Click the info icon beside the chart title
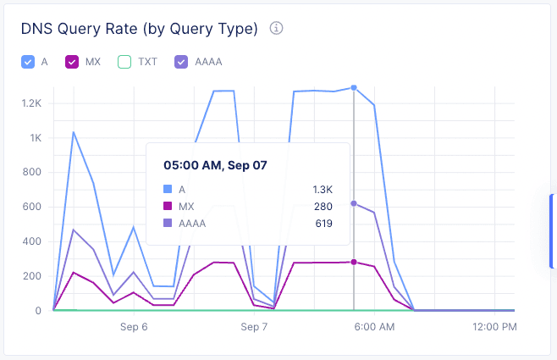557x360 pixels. pyautogui.click(x=276, y=28)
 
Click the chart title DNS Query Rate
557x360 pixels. pyautogui.click(x=139, y=29)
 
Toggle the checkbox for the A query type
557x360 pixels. pyautogui.click(x=28, y=62)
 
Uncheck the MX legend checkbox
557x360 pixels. pyautogui.click(x=72, y=62)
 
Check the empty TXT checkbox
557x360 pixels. pyautogui.click(x=124, y=62)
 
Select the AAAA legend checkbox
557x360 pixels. pyautogui.click(x=181, y=62)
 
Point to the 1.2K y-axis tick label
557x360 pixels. pyautogui.click(x=31, y=103)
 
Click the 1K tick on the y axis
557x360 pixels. pyautogui.click(x=36, y=138)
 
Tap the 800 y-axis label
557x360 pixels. pyautogui.click(x=33, y=173)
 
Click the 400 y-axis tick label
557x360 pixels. pyautogui.click(x=33, y=241)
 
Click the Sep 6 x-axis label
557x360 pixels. pyautogui.click(x=134, y=326)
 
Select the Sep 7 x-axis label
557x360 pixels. pyautogui.click(x=254, y=326)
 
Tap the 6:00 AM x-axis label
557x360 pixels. pyautogui.click(x=373, y=326)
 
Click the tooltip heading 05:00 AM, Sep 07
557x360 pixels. pyautogui.click(x=215, y=165)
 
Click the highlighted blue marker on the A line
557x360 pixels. pyautogui.click(x=354, y=87)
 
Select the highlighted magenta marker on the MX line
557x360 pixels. pyautogui.click(x=354, y=262)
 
